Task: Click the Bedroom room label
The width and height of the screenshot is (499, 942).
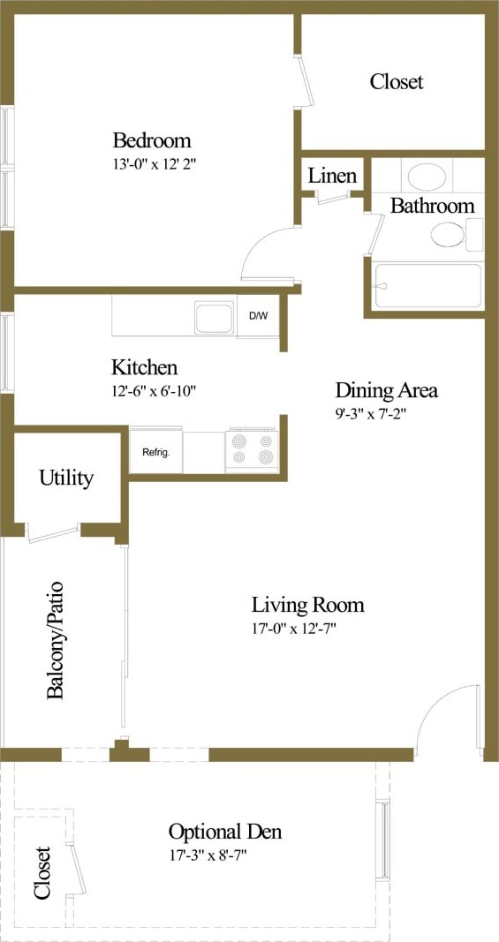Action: click(x=151, y=139)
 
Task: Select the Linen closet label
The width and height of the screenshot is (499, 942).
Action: click(x=332, y=176)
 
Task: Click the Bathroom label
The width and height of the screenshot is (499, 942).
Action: click(x=432, y=206)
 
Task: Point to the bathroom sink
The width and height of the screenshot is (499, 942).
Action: click(x=427, y=177)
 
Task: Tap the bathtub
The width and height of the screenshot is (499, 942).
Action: click(x=427, y=285)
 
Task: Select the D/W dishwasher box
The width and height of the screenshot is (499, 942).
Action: click(x=258, y=316)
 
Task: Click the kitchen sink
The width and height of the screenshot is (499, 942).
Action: click(x=215, y=318)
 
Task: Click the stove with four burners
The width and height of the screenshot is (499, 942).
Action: click(x=252, y=449)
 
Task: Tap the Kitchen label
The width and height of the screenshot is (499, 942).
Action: click(x=144, y=367)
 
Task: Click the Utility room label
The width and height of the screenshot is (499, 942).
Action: click(x=66, y=478)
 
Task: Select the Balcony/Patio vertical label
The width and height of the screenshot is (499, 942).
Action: click(x=56, y=640)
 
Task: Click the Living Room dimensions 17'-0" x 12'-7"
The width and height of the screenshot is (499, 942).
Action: click(x=306, y=629)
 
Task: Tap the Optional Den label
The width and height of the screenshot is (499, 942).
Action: click(x=225, y=832)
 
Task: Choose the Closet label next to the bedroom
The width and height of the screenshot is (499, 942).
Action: click(x=396, y=81)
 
